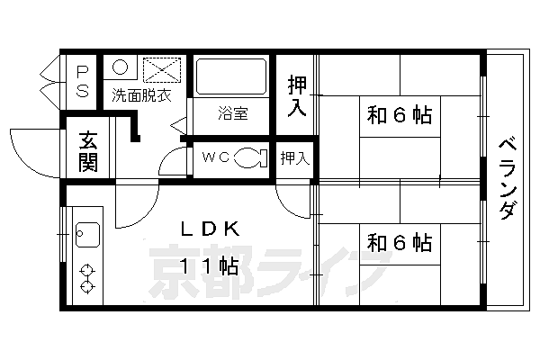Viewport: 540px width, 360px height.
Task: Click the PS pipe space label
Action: [82, 81]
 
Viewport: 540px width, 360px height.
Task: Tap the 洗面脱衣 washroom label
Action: [142, 95]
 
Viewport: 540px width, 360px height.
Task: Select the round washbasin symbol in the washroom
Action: [120, 67]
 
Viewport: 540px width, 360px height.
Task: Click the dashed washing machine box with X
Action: [162, 70]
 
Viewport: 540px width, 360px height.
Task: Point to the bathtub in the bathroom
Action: [231, 76]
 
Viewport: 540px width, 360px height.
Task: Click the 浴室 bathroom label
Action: [233, 113]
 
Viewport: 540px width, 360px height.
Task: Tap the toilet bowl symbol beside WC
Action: [250, 157]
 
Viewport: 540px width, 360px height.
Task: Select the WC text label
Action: [216, 157]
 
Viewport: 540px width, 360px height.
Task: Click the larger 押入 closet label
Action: [297, 95]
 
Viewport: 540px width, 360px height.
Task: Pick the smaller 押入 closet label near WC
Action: [295, 158]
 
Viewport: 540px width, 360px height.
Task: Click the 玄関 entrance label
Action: [88, 151]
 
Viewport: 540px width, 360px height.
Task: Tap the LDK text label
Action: [210, 229]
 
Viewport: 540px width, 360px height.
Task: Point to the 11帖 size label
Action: [209, 265]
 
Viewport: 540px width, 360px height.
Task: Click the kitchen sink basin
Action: [87, 235]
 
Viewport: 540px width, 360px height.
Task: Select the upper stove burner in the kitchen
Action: [87, 270]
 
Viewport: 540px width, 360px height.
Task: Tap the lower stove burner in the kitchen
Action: [87, 286]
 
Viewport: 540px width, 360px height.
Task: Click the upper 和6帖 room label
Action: [400, 115]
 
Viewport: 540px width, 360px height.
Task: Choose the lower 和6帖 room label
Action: [400, 243]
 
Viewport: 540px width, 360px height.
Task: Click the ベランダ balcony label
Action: [508, 179]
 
